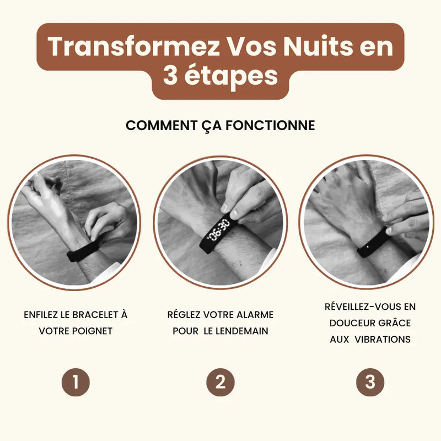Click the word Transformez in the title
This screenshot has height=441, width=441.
134,46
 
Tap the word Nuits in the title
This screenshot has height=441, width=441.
318,46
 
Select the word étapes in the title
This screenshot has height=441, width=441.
231,76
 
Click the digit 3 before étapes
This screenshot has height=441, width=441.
170,76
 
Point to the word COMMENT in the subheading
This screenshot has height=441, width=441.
162,126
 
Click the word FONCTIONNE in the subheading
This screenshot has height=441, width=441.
270,126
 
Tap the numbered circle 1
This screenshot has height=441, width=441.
76,382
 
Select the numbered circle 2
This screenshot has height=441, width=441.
220,382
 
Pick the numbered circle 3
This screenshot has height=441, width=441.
370,382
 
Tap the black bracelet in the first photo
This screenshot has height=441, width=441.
82,251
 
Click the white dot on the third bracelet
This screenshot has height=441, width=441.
368,247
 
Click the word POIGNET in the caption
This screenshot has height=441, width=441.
92,331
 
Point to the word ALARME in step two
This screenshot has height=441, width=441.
255,315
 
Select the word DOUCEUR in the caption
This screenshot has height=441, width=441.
350,323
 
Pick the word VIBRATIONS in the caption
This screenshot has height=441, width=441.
383,340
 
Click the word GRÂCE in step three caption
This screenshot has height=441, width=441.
393,322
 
